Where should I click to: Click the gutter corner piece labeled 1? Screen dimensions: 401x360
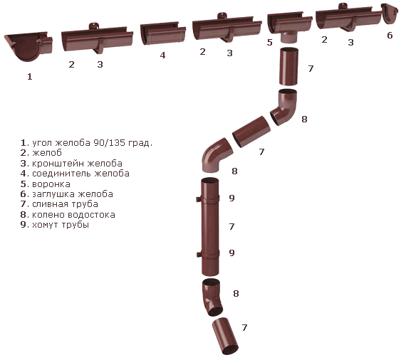pos(28,46)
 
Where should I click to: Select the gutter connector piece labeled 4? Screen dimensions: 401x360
pos(163,33)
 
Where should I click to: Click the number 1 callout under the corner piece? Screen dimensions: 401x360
pos(30,76)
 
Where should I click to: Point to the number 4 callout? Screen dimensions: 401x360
pos(162,55)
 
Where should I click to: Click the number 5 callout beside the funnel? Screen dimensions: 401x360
pos(269,42)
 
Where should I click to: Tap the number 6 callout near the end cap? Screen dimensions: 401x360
pos(390,35)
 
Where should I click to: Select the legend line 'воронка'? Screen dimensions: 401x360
pos(46,184)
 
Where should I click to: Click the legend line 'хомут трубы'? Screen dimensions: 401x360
pos(55,225)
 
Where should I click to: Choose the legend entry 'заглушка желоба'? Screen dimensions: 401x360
pos(67,194)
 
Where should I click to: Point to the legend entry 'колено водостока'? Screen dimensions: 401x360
pos(68,215)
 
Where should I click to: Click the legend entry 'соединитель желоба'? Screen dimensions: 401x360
pos(75,174)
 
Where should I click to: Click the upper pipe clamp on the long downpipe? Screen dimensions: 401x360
pos(208,198)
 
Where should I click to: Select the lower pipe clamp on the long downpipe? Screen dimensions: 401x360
pos(208,254)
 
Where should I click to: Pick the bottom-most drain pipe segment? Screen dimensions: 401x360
pos(225,336)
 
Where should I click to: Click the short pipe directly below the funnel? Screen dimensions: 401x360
pos(288,66)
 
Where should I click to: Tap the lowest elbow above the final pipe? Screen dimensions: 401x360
pos(212,297)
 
